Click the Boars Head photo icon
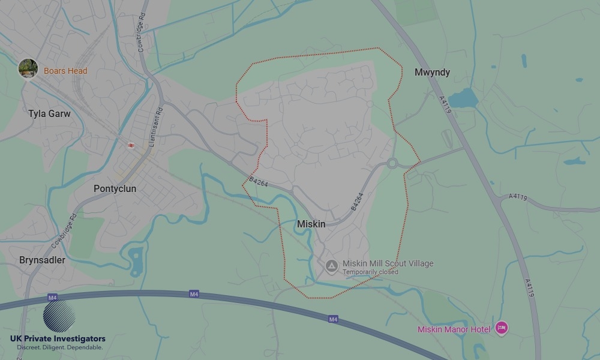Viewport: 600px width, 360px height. (x=28, y=68)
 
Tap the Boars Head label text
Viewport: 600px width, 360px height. (x=65, y=71)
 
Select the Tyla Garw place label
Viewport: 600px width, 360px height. (x=49, y=113)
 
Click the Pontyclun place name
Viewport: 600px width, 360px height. (x=115, y=188)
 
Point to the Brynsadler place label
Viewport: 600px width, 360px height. (x=42, y=260)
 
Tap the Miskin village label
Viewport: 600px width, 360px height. (x=311, y=224)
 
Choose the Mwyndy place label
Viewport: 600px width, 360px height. (x=432, y=72)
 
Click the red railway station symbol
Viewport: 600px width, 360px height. (x=131, y=145)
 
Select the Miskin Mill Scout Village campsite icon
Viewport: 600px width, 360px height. (x=331, y=265)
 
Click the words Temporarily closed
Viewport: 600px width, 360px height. (x=370, y=272)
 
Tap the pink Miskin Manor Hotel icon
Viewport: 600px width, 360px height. (x=502, y=328)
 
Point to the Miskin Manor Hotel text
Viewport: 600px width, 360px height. (x=454, y=329)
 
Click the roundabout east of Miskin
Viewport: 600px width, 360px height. (x=393, y=163)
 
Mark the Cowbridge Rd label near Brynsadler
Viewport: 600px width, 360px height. (x=62, y=231)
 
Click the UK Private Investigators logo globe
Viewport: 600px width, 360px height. (x=59, y=316)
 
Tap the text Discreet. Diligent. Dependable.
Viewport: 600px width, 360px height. (x=59, y=347)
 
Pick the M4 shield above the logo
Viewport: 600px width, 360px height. (x=52, y=297)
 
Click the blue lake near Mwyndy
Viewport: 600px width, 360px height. (x=463, y=97)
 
